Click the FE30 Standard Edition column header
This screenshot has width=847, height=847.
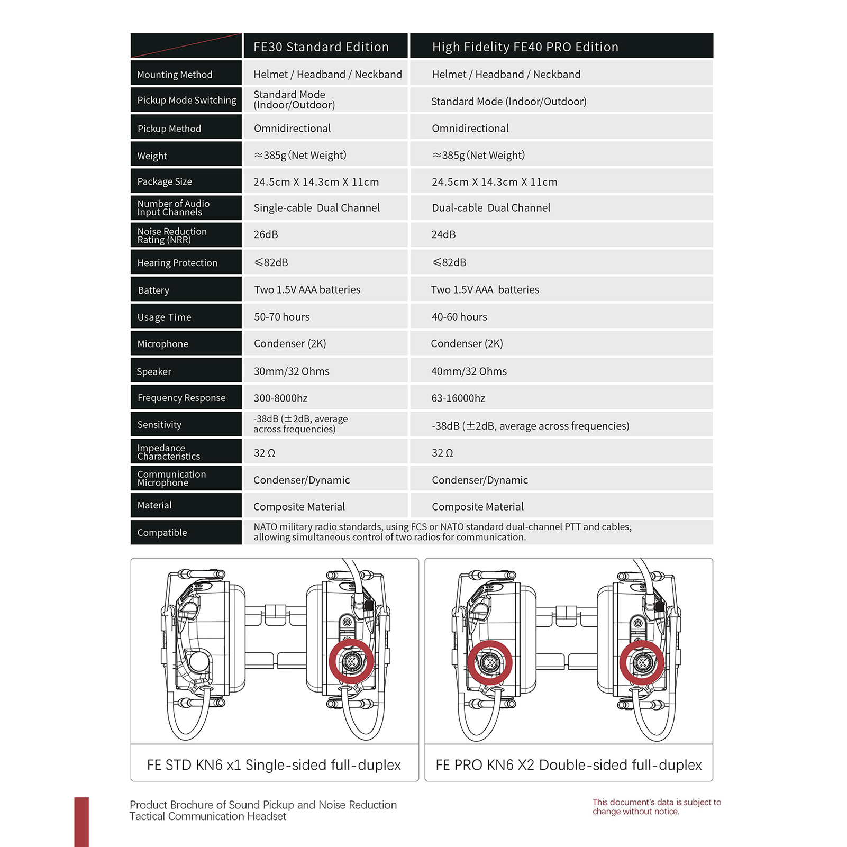[x=321, y=47]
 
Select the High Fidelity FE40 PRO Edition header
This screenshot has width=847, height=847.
[x=525, y=47]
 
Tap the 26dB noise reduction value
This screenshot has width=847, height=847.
[x=266, y=234]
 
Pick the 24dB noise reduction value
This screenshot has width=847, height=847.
[x=443, y=234]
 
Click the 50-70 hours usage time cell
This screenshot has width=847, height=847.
[x=281, y=317]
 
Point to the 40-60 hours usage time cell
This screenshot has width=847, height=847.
[x=459, y=317]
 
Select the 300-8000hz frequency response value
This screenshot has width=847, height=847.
[x=280, y=398]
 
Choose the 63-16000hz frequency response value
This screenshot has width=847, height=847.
[x=458, y=398]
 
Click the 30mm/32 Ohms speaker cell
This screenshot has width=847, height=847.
[x=292, y=371]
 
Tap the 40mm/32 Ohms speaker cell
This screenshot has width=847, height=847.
[x=469, y=371]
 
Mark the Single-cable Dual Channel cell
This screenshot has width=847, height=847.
[x=316, y=207]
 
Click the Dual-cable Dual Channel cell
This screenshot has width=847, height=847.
[x=491, y=207]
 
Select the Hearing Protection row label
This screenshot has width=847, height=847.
[x=177, y=263]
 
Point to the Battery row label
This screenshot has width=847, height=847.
[x=153, y=290]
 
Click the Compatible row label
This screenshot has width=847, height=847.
[x=162, y=532]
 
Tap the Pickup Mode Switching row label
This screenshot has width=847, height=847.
[x=187, y=100]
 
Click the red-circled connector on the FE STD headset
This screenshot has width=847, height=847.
[x=351, y=661]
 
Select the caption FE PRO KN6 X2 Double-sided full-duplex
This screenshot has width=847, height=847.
[x=569, y=765]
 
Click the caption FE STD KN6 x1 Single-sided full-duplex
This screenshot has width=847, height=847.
[x=274, y=765]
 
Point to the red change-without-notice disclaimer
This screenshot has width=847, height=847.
[x=656, y=807]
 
